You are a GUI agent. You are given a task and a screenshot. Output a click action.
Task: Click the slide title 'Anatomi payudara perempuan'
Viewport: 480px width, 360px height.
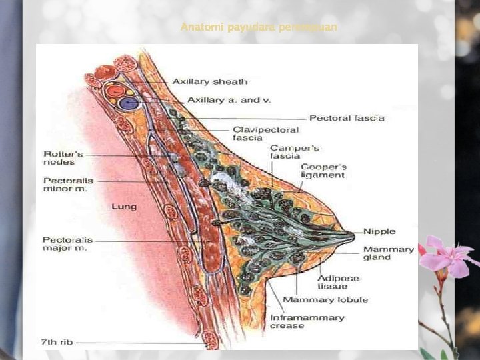tap(259, 27)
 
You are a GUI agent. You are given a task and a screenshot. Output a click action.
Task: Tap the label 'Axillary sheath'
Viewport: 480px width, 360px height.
tap(209, 82)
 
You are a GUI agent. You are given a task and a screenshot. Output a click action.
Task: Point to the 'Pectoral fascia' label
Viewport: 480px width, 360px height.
tap(347, 118)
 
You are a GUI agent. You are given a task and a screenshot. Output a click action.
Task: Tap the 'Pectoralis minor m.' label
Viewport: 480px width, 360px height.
tap(65, 184)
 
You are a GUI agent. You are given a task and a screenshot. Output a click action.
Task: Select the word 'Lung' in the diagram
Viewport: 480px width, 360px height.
tap(123, 207)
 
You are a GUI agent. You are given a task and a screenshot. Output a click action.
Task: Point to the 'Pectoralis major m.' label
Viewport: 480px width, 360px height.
tap(67, 244)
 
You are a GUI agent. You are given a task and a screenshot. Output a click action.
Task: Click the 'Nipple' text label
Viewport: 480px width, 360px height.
tap(379, 231)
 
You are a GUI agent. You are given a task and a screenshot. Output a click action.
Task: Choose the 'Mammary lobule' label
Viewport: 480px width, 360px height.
tap(325, 299)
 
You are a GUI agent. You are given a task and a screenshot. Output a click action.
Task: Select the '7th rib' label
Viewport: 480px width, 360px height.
tap(57, 342)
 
